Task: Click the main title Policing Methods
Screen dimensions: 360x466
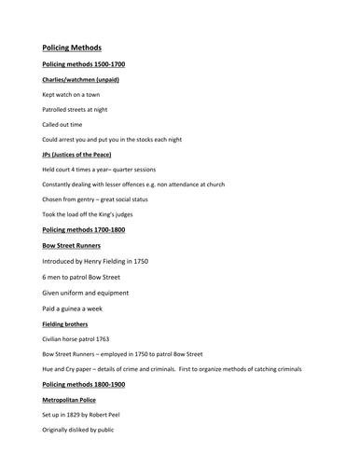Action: pyautogui.click(x=72, y=48)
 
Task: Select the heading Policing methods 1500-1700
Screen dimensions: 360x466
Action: pyautogui.click(x=83, y=64)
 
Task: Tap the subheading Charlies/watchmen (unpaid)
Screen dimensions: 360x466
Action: pyautogui.click(x=80, y=79)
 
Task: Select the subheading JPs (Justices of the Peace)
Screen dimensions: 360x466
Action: pyautogui.click(x=78, y=154)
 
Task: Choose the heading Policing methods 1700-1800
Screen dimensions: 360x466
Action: pyautogui.click(x=83, y=229)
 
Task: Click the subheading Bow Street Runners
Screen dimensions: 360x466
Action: pyautogui.click(x=72, y=246)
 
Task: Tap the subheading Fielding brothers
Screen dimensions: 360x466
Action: pyautogui.click(x=64, y=323)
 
